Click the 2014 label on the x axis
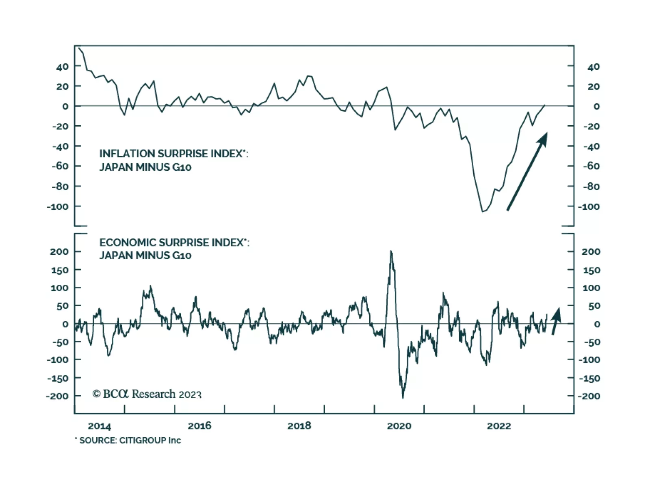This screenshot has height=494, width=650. point(99,426)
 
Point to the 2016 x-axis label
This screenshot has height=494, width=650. point(199,426)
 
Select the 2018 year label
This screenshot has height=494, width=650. point(299,426)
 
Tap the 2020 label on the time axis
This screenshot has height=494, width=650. point(399,426)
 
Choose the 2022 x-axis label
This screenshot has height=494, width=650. point(499,426)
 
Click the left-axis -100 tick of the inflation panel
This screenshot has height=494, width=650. point(58,206)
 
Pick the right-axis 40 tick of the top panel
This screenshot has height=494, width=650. point(594,67)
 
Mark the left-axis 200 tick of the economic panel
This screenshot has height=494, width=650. point(59,251)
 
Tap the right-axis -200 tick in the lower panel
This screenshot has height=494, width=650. point(589,396)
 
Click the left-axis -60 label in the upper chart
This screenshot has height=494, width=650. point(60,166)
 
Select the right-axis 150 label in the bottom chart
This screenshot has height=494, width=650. point(591,270)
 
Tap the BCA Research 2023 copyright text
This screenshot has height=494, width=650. point(147,394)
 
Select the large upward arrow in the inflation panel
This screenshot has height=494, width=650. point(527,171)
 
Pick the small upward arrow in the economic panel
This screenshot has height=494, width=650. point(556,320)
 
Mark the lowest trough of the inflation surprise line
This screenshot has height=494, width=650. point(483,211)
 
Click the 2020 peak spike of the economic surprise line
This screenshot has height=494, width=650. point(391,251)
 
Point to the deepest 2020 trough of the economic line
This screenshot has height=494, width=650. point(403,397)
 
